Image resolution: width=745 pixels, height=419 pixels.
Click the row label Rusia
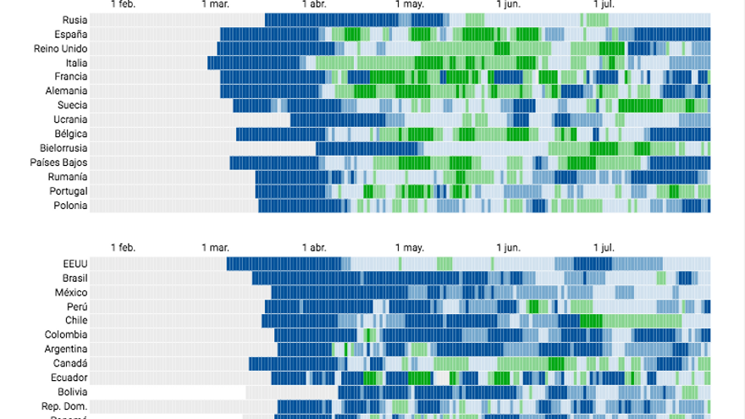pyautogui.click(x=74, y=20)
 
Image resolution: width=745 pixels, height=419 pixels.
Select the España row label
pyautogui.click(x=71, y=35)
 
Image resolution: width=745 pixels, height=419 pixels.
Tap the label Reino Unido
pyautogui.click(x=61, y=49)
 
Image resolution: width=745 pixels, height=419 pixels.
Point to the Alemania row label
pyautogui.click(x=67, y=91)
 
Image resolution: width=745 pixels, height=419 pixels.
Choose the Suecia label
pyautogui.click(x=72, y=105)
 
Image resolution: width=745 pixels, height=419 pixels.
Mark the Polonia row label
pyautogui.click(x=70, y=205)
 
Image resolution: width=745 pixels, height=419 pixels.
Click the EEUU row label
pyautogui.click(x=74, y=264)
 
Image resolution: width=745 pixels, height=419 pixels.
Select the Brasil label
pyautogui.click(x=74, y=278)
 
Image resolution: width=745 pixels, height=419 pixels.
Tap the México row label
pyautogui.click(x=71, y=293)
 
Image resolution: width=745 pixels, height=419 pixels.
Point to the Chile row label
pyautogui.click(x=76, y=321)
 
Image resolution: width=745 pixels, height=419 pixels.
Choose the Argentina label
pyautogui.click(x=66, y=349)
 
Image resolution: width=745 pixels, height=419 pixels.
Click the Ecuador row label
pyautogui.click(x=69, y=378)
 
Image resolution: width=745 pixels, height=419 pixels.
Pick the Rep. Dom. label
pyautogui.click(x=64, y=406)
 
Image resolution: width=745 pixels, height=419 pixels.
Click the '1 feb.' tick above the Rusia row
pyautogui.click(x=123, y=4)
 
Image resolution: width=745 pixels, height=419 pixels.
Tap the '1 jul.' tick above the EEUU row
pyautogui.click(x=602, y=247)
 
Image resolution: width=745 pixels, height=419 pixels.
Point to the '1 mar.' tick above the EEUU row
pyautogui.click(x=215, y=247)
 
